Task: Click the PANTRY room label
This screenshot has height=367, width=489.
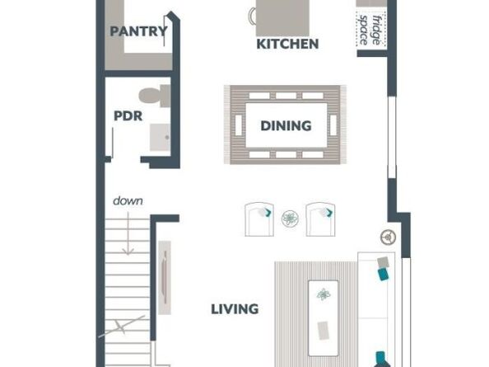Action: pos(139,32)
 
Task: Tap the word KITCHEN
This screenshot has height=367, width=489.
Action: pos(287,44)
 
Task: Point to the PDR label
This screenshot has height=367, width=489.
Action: pos(128,115)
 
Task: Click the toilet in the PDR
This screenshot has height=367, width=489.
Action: pos(156,95)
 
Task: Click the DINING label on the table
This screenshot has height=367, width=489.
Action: pos(286,126)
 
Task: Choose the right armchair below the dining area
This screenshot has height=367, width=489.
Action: pos(320,219)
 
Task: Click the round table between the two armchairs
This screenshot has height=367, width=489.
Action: pos(290,219)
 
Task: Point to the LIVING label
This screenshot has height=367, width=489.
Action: pos(235,309)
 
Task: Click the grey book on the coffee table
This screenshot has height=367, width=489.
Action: pos(324,329)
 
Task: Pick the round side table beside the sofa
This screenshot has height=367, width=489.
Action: pos(387,238)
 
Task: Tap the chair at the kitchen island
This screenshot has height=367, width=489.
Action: pos(252,16)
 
